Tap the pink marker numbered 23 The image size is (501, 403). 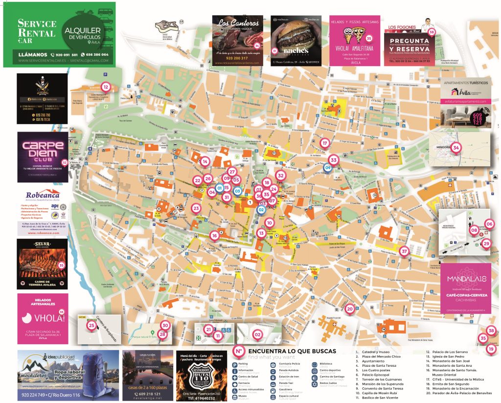[x=196, y=208]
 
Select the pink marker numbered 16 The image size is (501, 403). [x=214, y=236]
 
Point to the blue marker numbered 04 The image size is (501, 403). [x=328, y=167]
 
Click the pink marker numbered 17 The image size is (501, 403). [x=324, y=143]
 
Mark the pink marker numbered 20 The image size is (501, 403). [x=349, y=309]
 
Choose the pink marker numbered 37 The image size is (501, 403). [x=404, y=251]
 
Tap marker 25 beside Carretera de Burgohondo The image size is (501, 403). [x=91, y=325]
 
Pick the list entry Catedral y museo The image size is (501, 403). [x=375, y=352]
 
